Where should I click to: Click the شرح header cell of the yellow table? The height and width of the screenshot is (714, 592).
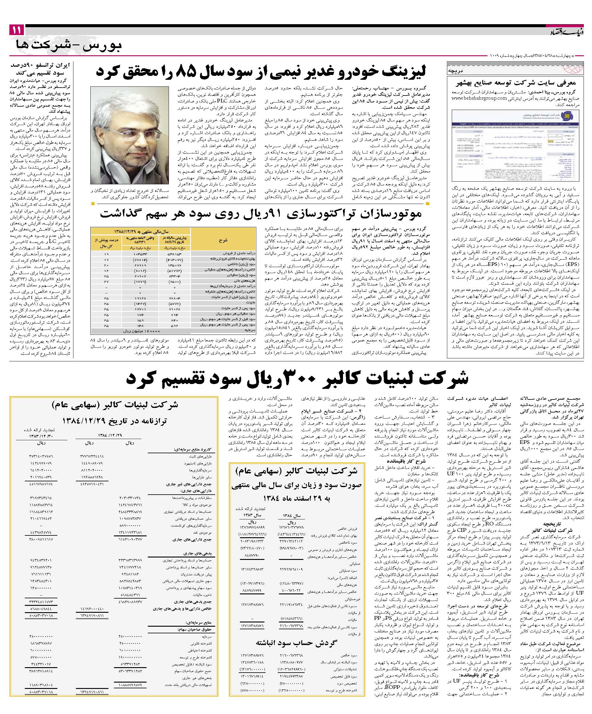(223, 240)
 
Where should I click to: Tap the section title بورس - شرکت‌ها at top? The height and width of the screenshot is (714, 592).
(68, 45)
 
